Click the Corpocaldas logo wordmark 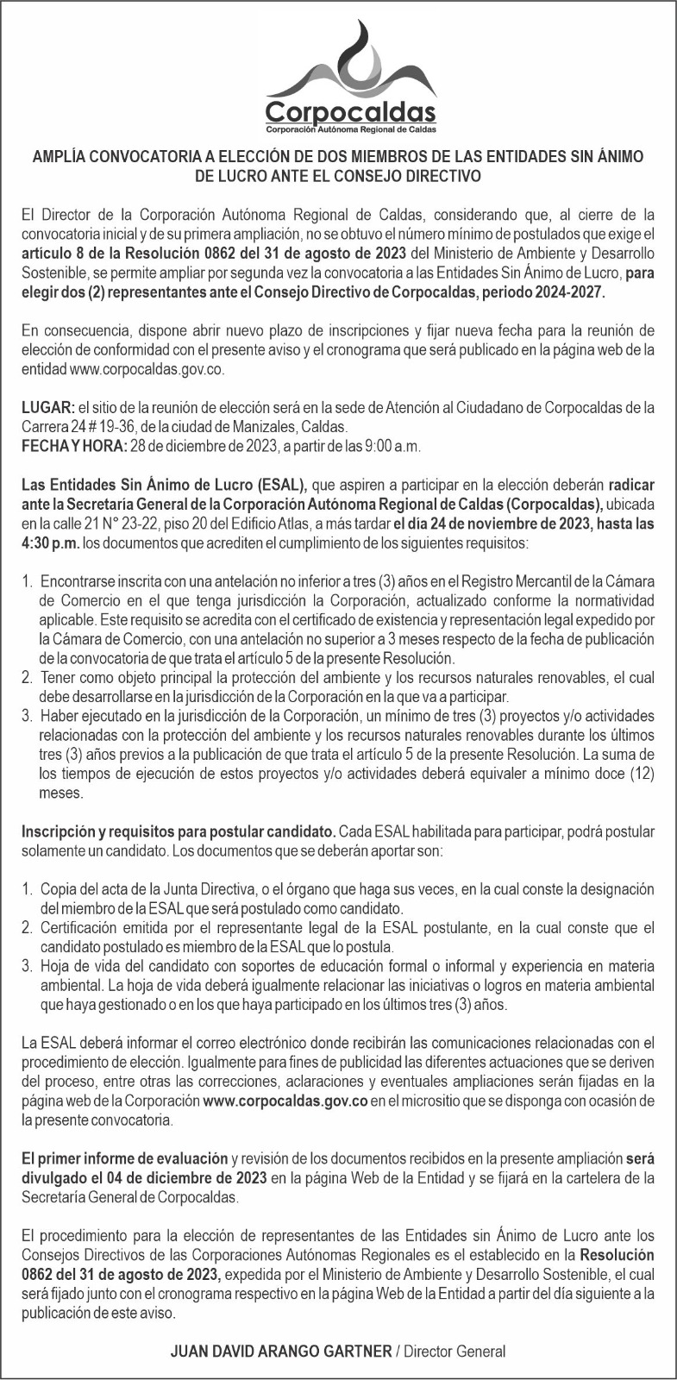coord(350,113)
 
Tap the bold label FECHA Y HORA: coord(73,445)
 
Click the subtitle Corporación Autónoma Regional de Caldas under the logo coord(350,129)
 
